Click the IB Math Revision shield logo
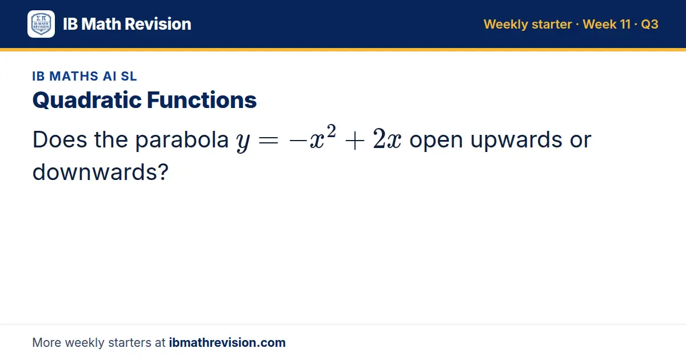(41, 24)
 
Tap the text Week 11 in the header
(607, 24)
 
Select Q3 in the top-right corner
(649, 24)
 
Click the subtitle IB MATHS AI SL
(85, 76)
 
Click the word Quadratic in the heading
(87, 100)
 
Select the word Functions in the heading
(201, 100)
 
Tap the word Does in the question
(59, 139)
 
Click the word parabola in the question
(182, 140)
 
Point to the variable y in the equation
(243, 142)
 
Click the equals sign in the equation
(269, 141)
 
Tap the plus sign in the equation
(354, 141)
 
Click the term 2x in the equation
(387, 139)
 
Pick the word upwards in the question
(516, 140)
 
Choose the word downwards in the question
(95, 172)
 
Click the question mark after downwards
(163, 172)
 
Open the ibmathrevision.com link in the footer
(228, 342)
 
